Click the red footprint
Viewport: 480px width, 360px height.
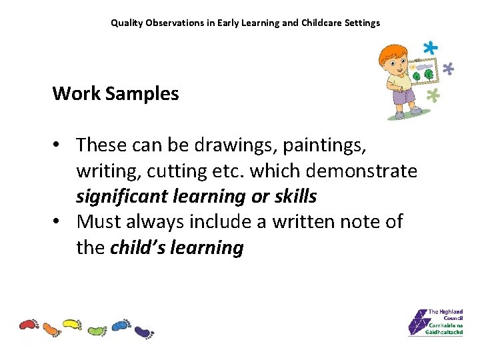pyautogui.click(x=29, y=325)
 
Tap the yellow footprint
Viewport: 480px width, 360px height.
pyautogui.click(x=71, y=325)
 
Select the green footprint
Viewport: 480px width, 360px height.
pyautogui.click(x=96, y=330)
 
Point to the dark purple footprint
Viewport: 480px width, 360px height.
pyautogui.click(x=143, y=331)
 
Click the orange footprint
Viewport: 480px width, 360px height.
pyautogui.click(x=51, y=329)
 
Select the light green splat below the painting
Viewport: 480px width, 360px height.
pyautogui.click(x=433, y=95)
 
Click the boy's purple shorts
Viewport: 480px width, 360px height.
pyautogui.click(x=403, y=98)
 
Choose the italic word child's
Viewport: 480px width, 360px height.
pyautogui.click(x=138, y=248)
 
